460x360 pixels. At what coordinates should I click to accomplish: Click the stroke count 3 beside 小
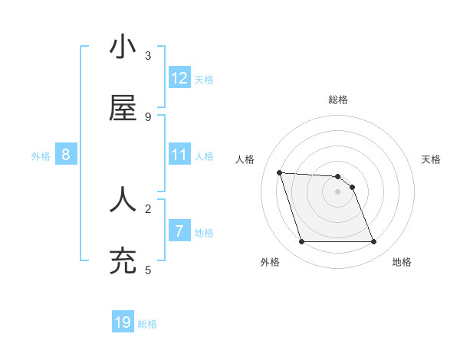[x=148, y=56]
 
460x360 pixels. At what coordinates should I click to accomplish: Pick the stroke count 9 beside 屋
[x=148, y=116]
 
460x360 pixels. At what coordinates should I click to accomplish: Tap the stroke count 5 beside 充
[x=148, y=270]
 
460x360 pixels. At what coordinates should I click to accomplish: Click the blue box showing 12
[x=179, y=78]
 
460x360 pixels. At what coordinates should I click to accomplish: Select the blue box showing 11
[x=179, y=155]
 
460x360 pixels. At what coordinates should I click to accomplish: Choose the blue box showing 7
[x=179, y=231]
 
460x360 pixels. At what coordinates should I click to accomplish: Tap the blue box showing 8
[x=66, y=155]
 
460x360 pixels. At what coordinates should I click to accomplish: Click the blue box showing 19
[x=123, y=322]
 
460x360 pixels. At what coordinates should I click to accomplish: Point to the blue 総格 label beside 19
[x=147, y=324]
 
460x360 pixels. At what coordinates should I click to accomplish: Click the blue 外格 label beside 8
[x=41, y=156]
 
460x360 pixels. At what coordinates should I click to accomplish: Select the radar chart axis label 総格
[x=338, y=100]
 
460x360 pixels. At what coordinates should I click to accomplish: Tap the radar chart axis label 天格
[x=432, y=159]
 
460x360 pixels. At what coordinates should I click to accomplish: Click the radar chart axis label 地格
[x=402, y=262]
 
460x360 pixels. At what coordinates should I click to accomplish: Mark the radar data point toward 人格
[x=280, y=172]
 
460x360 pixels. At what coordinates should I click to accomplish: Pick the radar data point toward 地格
[x=373, y=242]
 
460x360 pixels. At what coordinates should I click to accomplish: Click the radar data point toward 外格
[x=301, y=242]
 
